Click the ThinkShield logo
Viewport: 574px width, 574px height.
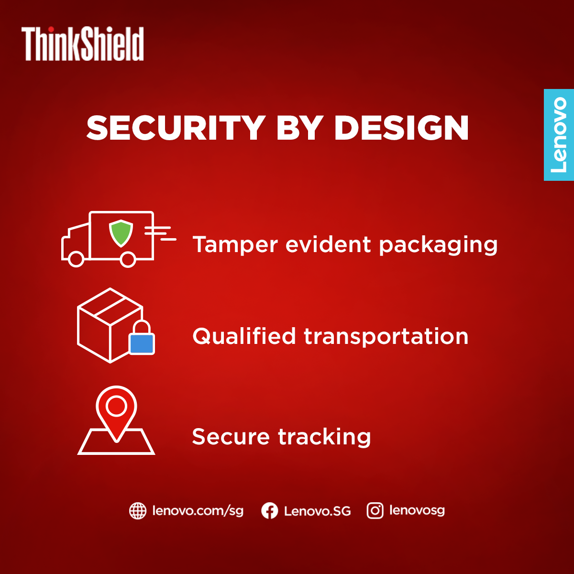point(82,44)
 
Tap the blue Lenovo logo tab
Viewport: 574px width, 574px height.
point(559,134)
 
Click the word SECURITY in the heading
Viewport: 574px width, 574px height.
point(176,128)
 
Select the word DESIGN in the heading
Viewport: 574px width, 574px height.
point(401,128)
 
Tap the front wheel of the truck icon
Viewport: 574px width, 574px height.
point(76,259)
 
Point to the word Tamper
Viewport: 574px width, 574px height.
point(235,245)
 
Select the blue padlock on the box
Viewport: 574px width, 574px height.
point(142,338)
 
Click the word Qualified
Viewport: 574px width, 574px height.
point(244,336)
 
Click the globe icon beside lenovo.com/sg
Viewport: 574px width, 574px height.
point(138,511)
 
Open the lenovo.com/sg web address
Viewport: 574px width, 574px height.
point(198,511)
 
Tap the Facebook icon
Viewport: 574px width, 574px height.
point(270,511)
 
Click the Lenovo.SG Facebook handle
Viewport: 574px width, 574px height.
point(317,511)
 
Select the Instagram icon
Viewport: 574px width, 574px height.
point(375,511)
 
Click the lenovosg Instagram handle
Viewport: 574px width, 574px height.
point(417,510)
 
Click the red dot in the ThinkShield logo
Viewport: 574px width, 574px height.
point(51,29)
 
